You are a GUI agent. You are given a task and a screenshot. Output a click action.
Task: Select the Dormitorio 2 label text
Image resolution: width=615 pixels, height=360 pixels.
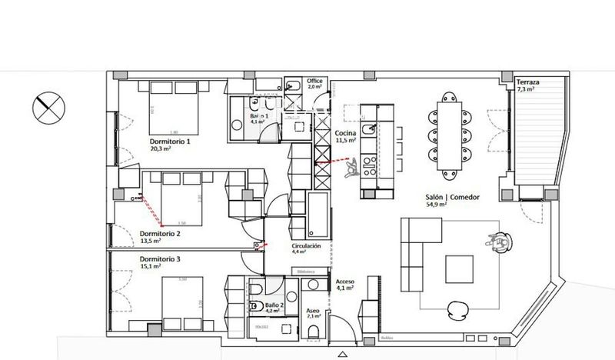point(160,233)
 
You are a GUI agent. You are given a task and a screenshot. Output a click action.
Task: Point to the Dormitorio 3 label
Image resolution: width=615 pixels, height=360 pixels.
point(160,259)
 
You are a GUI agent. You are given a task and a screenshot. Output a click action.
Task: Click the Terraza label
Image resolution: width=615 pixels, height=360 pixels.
point(527,82)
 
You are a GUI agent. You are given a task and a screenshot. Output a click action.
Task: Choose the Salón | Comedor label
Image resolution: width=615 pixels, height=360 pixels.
point(454,198)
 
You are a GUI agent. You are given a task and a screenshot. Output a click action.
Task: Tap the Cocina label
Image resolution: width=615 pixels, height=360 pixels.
point(344,133)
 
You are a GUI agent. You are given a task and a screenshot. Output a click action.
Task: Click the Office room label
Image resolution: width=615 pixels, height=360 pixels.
point(314,81)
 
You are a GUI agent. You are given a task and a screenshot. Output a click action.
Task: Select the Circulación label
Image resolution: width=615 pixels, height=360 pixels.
point(305,245)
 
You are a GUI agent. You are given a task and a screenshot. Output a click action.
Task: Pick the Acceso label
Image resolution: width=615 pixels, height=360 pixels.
point(344,282)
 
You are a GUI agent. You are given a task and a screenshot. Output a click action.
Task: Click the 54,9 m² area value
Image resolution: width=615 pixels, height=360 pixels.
point(454,206)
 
